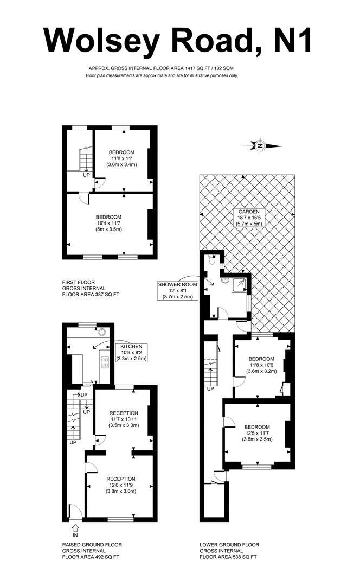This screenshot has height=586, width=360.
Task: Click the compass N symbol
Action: pos(260,145)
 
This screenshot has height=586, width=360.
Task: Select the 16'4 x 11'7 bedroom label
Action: pos(108,222)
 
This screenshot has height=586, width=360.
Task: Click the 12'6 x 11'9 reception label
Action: pos(120,485)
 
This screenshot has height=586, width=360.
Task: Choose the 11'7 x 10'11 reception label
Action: pos(124,419)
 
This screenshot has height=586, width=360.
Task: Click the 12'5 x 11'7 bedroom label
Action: pos(258,433)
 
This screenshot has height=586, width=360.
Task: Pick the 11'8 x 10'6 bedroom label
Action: pos(262,365)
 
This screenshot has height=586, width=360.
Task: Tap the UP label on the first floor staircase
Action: pos(86,175)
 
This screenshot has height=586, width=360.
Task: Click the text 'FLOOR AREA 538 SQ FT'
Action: pos(228,557)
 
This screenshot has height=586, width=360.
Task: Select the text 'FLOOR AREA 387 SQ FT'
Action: pos(91,295)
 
